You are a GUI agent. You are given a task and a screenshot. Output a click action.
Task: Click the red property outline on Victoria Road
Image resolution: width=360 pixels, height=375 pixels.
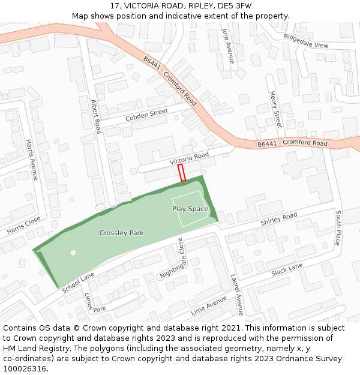click(182, 173)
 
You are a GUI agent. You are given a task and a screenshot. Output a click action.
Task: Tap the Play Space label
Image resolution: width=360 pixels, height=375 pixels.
click(190, 209)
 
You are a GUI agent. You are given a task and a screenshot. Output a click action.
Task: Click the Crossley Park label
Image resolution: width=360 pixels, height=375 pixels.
click(121, 233)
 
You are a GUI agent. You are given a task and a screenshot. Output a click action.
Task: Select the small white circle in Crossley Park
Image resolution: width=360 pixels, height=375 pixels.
click(73, 253)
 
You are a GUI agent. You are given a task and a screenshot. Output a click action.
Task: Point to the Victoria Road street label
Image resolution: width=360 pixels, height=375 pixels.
click(189, 158)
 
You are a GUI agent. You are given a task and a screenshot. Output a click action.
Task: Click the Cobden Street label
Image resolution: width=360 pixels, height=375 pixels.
click(146, 115)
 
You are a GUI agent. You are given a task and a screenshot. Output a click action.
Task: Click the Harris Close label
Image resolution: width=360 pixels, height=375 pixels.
click(23, 226)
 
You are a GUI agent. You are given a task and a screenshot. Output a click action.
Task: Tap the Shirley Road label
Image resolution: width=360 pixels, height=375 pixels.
click(279, 220)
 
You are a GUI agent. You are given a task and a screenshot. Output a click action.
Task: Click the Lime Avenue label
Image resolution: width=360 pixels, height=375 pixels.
click(209, 305)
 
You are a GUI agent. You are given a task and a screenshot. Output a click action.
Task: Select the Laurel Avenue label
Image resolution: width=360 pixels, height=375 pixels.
click(237, 295)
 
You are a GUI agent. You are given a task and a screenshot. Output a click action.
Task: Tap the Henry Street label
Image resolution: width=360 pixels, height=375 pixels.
click(275, 110)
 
